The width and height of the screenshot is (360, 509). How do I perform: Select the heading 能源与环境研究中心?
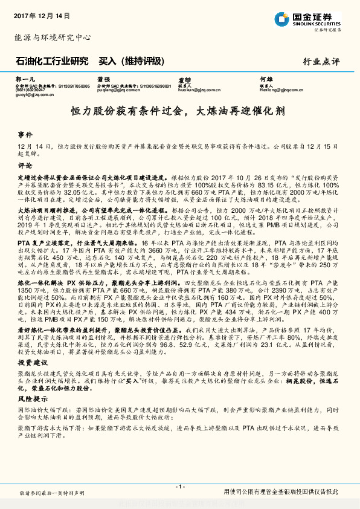(53, 37)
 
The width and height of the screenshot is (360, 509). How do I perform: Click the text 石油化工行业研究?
(51, 61)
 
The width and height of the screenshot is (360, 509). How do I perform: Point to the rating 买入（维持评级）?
(131, 61)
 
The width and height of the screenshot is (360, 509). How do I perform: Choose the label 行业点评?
(321, 62)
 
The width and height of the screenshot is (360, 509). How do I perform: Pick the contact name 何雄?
(266, 79)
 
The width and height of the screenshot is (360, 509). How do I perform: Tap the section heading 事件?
(25, 134)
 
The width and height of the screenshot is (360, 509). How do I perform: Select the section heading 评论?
(25, 164)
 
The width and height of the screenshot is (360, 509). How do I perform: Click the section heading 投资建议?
(30, 363)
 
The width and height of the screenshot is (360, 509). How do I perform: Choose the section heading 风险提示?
(30, 400)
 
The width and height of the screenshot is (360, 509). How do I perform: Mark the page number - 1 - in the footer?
(179, 486)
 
